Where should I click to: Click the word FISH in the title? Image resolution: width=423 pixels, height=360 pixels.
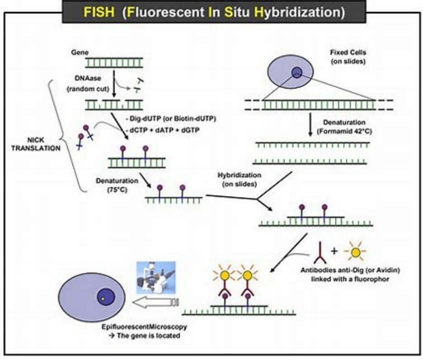pos(99,12)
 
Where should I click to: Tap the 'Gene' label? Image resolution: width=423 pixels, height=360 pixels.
pos(79,52)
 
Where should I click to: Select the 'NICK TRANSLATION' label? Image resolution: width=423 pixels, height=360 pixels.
pos(36,144)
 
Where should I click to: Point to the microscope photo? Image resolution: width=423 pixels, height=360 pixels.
pos(156,277)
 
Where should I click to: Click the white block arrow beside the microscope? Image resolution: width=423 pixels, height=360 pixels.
pos(155,302)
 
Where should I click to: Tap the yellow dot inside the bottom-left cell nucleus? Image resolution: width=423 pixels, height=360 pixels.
pos(102,298)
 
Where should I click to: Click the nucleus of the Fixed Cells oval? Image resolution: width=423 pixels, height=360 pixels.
pos(296,72)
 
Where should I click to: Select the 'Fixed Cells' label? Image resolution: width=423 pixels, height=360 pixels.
pos(348,52)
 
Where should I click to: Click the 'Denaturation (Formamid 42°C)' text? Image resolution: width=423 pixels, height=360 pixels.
pos(344,127)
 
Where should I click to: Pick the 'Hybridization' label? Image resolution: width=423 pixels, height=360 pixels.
pos(239,175)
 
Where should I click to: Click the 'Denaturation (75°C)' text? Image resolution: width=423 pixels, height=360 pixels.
pos(117,185)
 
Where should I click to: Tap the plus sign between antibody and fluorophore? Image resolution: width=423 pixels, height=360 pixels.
pos(334,251)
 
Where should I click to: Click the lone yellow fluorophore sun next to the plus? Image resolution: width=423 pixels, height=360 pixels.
pos(355,252)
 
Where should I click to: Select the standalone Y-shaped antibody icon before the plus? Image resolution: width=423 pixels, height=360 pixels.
pos(320,253)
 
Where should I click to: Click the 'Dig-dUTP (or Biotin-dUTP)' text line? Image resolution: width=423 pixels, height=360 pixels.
pos(171,118)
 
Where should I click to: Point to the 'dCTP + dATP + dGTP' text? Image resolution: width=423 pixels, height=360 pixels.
pos(162,130)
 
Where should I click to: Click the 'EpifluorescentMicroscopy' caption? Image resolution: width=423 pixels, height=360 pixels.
pos(144,327)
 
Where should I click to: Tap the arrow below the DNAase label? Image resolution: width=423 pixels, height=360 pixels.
pos(114,83)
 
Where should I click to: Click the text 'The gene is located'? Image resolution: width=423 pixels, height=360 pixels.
pos(148,335)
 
